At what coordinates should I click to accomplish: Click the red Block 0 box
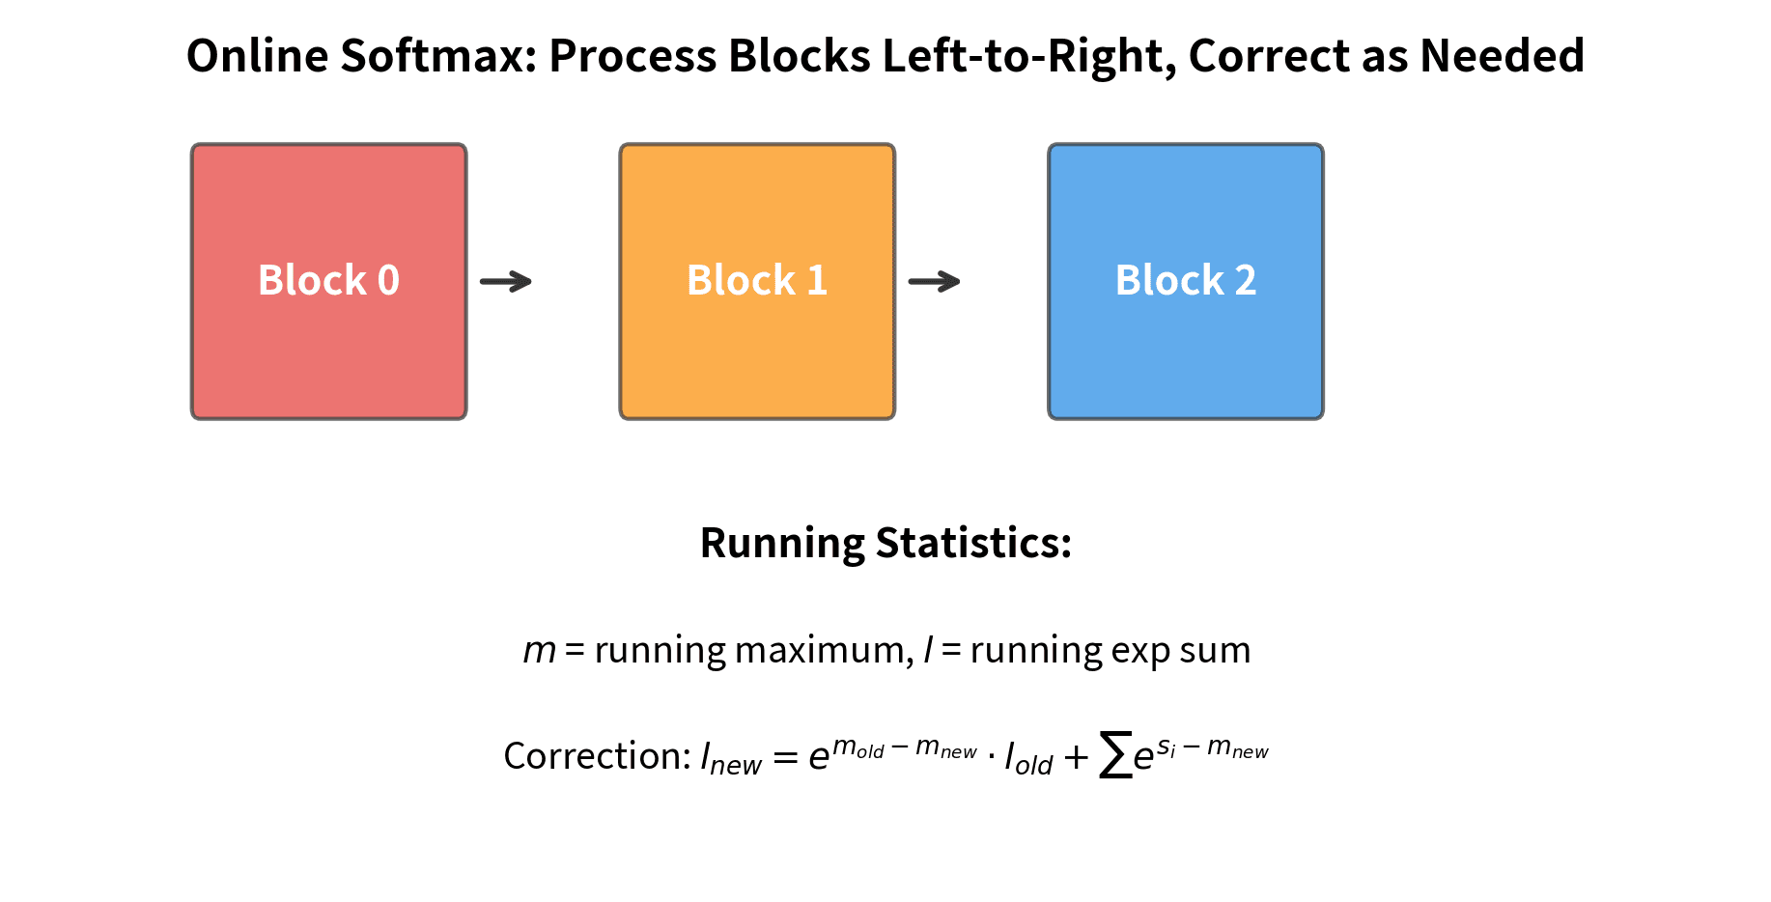pos(328,281)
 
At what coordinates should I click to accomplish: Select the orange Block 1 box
pos(757,281)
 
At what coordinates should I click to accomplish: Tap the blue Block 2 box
pos(1186,281)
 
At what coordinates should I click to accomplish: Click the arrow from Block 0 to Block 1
pos(506,282)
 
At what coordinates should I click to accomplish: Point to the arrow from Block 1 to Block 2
pos(935,282)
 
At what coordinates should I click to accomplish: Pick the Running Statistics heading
pos(885,543)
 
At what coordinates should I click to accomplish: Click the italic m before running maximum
pos(539,651)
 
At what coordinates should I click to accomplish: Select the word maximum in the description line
pos(823,651)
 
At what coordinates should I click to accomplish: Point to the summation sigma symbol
pos(1115,755)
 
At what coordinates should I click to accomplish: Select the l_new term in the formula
pos(730,759)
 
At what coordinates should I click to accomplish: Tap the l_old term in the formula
pos(1028,759)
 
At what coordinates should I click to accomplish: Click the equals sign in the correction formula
pos(785,758)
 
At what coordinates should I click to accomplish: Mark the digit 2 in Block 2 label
pos(1246,281)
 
